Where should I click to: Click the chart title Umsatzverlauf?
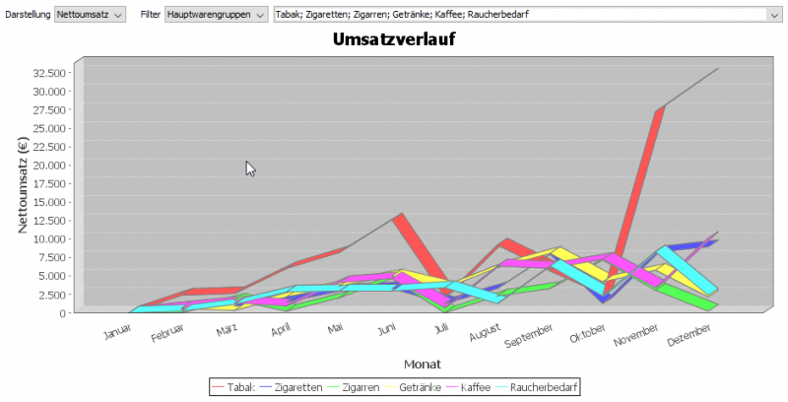tap(393, 40)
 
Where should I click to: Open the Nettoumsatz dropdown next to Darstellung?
tap(91, 15)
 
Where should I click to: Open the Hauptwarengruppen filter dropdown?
tap(216, 15)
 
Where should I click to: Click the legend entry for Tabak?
tap(232, 387)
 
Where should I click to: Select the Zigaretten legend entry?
tap(295, 387)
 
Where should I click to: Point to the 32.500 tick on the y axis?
tap(50, 73)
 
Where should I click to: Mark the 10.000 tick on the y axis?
tap(50, 238)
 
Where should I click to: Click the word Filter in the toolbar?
tap(151, 15)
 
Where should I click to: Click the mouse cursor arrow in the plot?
tap(249, 167)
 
